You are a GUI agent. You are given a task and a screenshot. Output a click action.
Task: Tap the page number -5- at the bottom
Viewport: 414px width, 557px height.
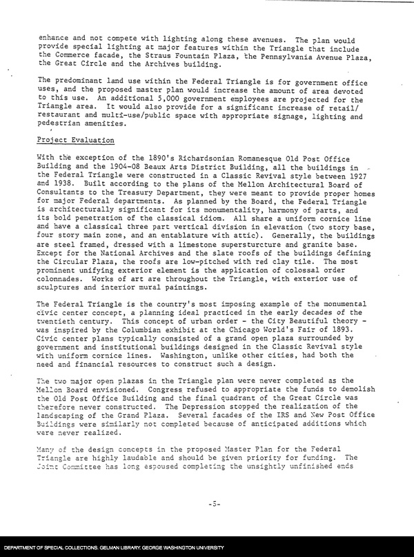point(214,504)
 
